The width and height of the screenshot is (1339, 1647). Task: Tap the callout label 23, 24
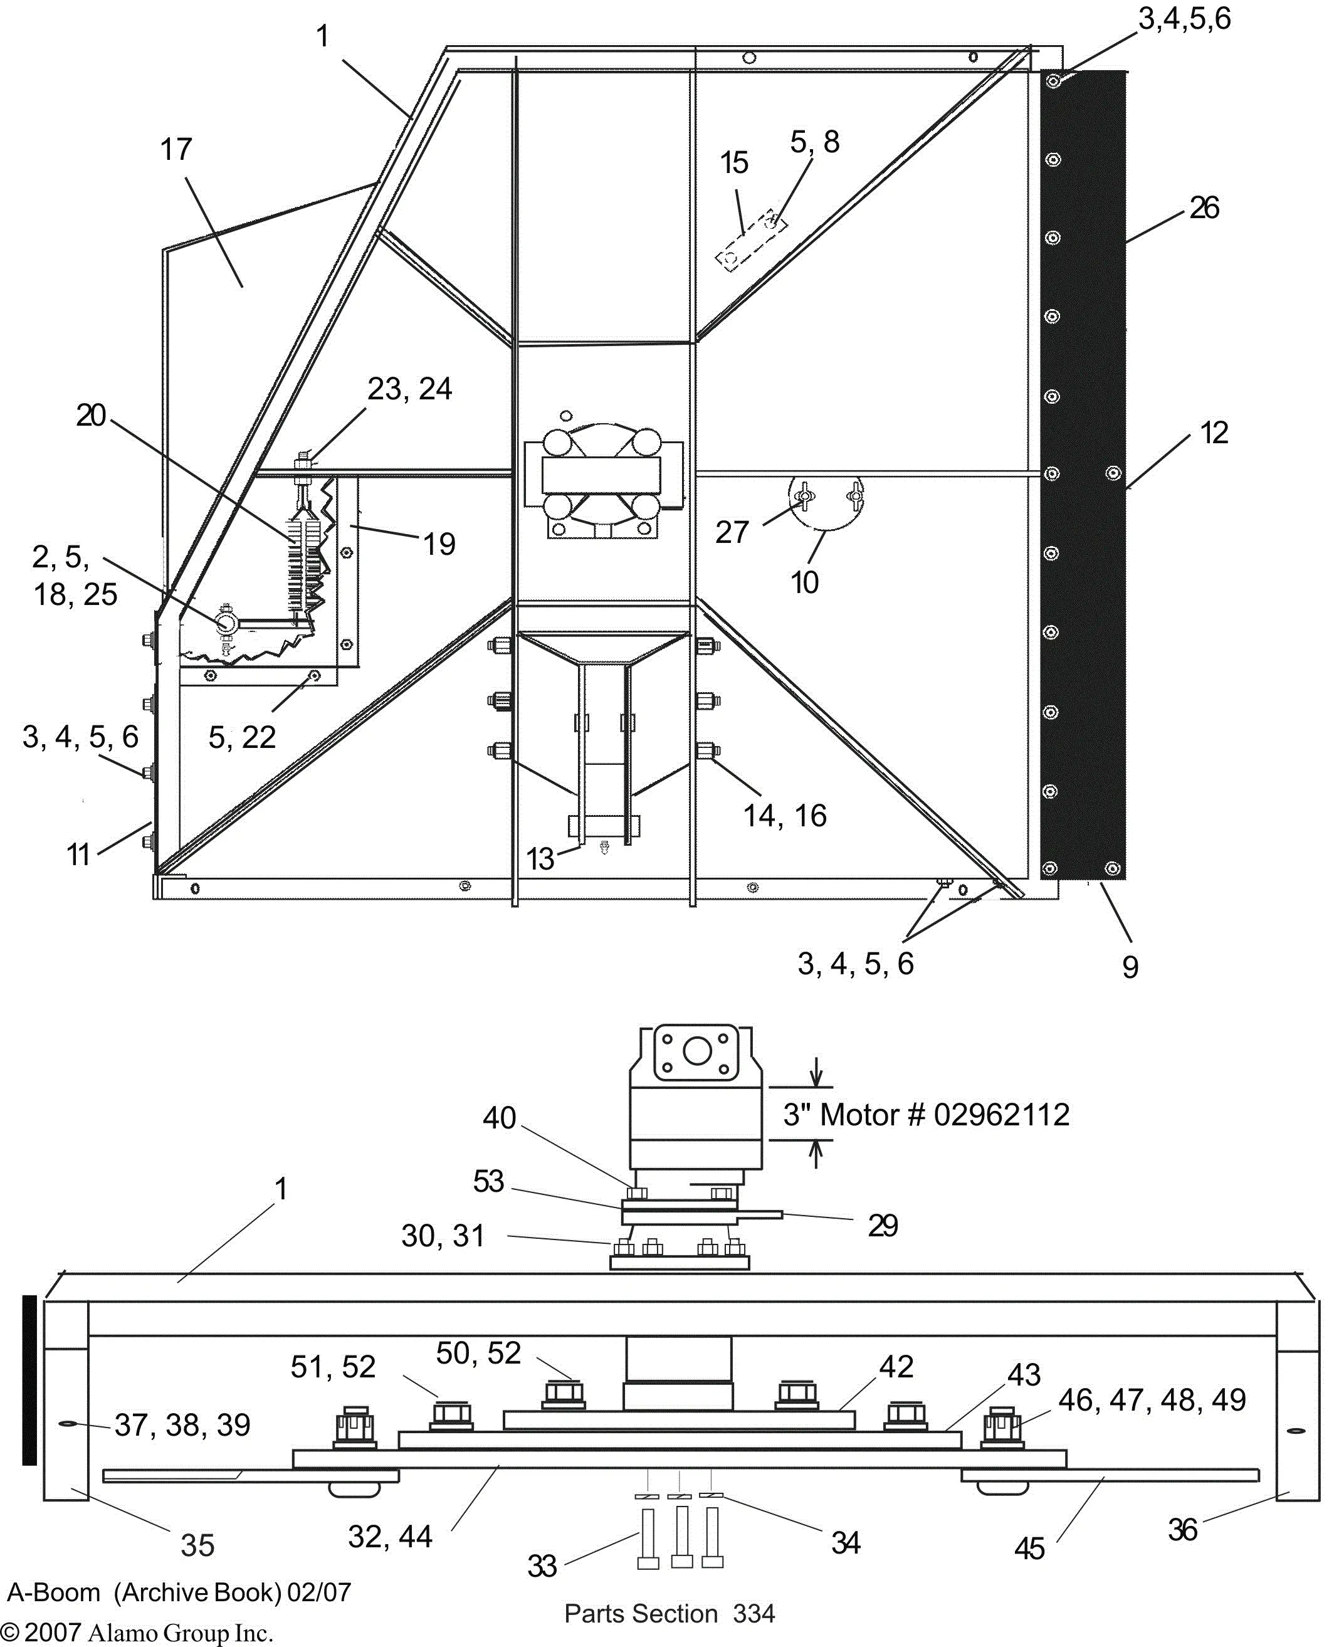409,389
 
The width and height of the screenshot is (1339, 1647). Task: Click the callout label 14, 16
784,816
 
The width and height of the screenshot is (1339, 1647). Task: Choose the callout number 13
540,858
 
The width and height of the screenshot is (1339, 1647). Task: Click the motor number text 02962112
1000,1115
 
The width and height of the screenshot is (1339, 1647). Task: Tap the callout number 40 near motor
499,1118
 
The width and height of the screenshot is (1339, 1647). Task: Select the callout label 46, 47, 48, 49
1152,1399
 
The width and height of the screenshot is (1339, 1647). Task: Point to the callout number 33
542,1566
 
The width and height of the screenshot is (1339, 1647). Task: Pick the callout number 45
1029,1549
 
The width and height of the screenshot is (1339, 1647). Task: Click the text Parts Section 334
669,1613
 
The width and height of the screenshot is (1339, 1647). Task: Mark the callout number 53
488,1181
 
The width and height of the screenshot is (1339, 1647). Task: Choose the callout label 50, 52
478,1352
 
